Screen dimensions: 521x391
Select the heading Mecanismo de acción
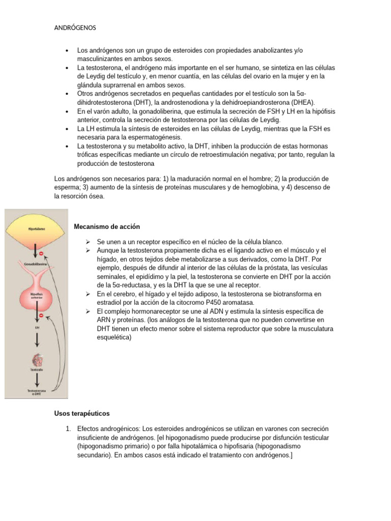[107, 226]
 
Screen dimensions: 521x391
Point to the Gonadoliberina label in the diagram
[35, 265]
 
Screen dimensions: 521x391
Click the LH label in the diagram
[35, 329]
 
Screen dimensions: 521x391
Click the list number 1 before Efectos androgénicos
[68, 429]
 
